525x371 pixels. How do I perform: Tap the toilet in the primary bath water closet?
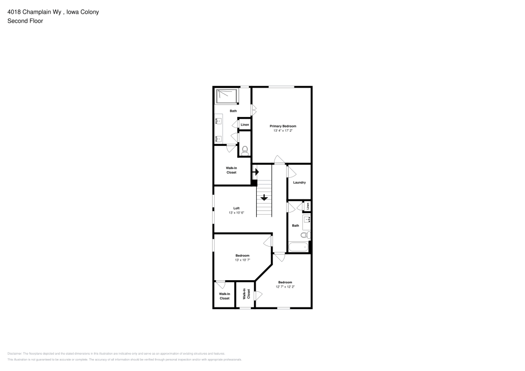point(245,150)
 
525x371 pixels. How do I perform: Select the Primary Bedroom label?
point(283,126)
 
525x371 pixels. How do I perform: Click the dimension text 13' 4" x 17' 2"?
point(283,130)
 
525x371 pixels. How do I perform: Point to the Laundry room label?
point(299,183)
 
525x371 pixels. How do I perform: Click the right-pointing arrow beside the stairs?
point(256,171)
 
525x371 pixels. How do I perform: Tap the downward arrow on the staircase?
point(264,198)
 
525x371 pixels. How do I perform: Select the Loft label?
point(236,208)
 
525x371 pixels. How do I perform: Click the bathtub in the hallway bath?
point(298,247)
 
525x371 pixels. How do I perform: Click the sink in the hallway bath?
point(307,219)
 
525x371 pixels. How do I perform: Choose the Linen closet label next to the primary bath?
point(245,124)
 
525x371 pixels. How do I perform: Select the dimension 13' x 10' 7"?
point(242,260)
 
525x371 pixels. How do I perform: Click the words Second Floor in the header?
point(25,21)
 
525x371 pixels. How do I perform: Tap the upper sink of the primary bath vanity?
point(219,121)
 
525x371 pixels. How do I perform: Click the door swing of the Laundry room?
point(291,171)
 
